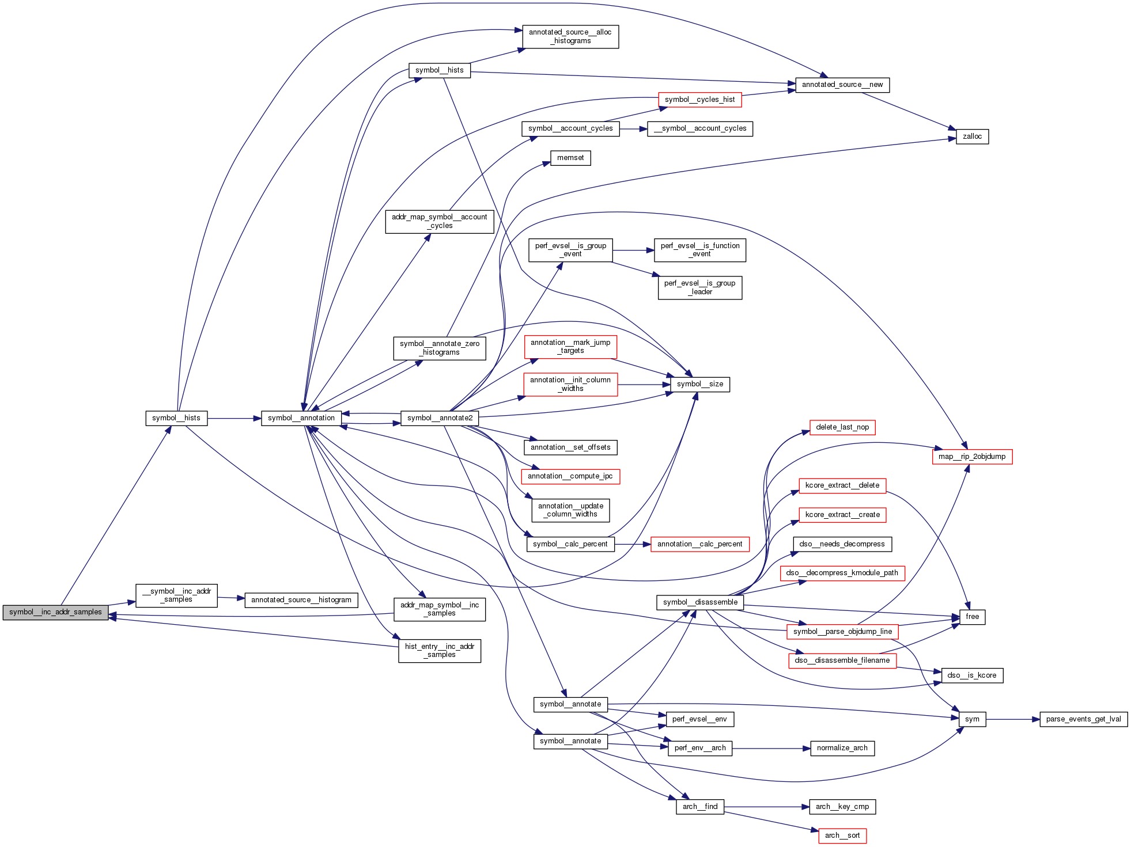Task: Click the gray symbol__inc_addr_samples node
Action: (55, 612)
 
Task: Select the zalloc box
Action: (972, 136)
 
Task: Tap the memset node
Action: (570, 158)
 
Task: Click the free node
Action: (972, 617)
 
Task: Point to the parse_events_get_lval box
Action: (1083, 719)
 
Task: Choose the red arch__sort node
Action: (842, 835)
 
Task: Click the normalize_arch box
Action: (842, 748)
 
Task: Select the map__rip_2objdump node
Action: (972, 457)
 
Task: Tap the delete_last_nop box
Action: (842, 427)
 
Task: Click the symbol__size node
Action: (699, 384)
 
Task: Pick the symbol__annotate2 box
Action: (440, 418)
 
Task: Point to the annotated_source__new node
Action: (842, 85)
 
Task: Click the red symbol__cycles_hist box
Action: (699, 100)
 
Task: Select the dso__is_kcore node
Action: (972, 675)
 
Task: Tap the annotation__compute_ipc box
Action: (570, 476)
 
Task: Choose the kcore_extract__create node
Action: (842, 515)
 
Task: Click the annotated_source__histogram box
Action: (301, 600)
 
